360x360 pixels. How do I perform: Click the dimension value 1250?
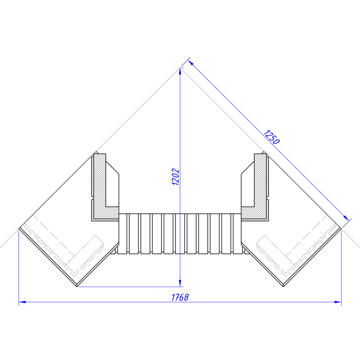click(271, 137)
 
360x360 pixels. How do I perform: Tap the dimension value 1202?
click(175, 177)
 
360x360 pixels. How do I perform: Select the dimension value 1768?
click(180, 297)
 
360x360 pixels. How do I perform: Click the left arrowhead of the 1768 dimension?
click(22, 302)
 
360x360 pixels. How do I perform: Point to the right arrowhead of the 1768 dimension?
click(338, 302)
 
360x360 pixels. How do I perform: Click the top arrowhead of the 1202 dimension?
click(180, 72)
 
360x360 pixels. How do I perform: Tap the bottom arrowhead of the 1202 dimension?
click(180, 283)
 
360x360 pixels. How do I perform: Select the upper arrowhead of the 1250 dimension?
click(191, 63)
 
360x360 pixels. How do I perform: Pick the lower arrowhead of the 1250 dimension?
click(346, 218)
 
